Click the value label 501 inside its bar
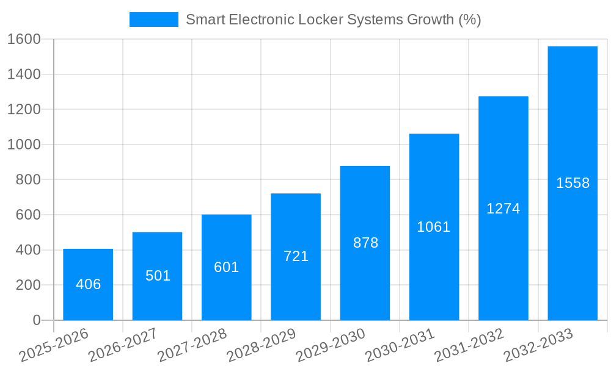click(x=158, y=276)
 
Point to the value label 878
click(x=365, y=243)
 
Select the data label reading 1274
click(x=503, y=209)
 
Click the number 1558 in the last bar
click(x=573, y=183)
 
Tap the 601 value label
click(x=227, y=267)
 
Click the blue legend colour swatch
click(x=153, y=20)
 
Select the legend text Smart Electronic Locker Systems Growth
click(x=333, y=20)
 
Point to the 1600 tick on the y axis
click(x=24, y=39)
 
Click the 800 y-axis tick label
click(x=28, y=180)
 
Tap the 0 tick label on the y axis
click(x=37, y=320)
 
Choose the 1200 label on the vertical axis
click(x=24, y=110)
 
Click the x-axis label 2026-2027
click(x=122, y=345)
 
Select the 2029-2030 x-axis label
click(x=330, y=345)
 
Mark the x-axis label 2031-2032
click(x=469, y=345)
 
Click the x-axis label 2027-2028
click(x=192, y=345)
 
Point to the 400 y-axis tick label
click(x=28, y=250)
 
